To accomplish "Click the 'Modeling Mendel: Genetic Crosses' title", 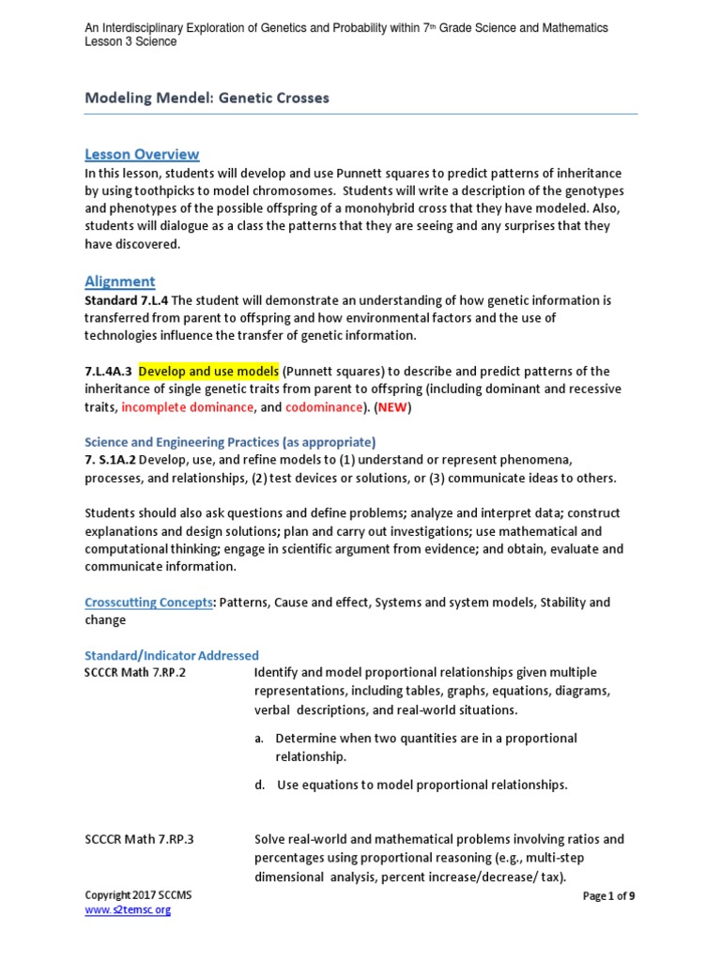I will [x=207, y=98].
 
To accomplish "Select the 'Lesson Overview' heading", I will [x=142, y=154].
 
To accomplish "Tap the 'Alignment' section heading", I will [x=120, y=281].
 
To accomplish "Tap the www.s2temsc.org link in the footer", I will [x=128, y=910].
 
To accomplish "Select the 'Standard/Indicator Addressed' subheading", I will [x=172, y=655].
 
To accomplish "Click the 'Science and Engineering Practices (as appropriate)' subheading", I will [x=230, y=441].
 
